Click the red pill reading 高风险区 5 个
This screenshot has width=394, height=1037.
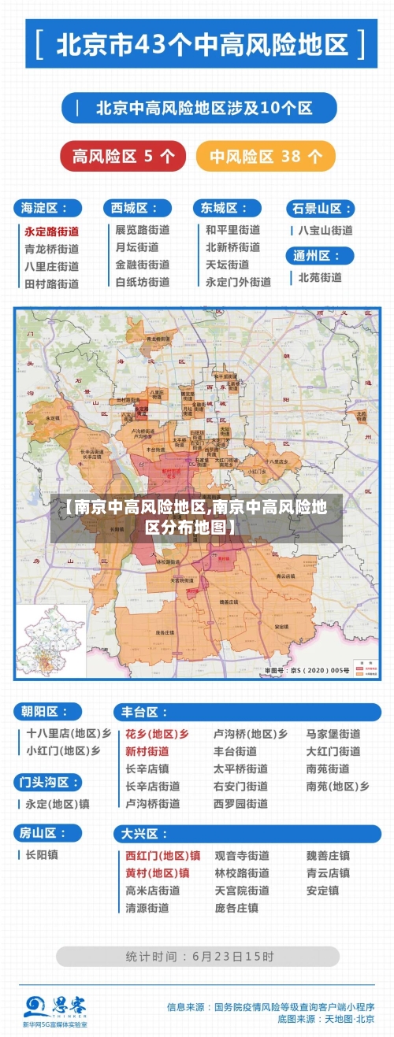pos(123,156)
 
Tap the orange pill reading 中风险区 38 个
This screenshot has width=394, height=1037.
pos(266,156)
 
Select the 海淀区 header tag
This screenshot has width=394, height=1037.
pos(47,208)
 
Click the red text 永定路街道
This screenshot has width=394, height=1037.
pos(51,231)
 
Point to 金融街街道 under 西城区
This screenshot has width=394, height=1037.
pos(142,265)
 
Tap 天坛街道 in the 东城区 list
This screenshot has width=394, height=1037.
pos(228,265)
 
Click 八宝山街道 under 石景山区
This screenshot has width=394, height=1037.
pos(325,231)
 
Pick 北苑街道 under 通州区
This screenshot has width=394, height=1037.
pos(320,277)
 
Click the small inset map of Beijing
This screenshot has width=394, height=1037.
pos(51,639)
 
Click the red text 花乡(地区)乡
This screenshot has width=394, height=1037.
pos(157,734)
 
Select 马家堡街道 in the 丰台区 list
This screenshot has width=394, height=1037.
pos(333,734)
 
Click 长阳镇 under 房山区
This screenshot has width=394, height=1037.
pos(42,854)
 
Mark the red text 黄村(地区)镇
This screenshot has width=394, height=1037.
pos(157,872)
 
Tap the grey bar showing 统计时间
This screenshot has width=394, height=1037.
pos(197,957)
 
